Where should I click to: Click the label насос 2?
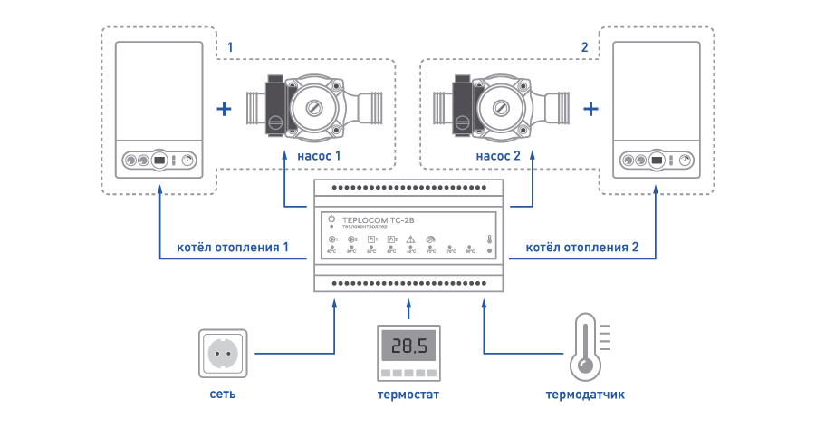(x=497, y=156)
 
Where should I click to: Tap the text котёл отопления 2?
(x=582, y=247)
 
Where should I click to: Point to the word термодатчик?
(x=585, y=395)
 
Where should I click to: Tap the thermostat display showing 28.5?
(x=408, y=346)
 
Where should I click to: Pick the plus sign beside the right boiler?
(x=591, y=110)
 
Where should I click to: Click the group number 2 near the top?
(x=584, y=46)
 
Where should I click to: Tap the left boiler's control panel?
(x=159, y=161)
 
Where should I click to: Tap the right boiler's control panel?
(x=657, y=161)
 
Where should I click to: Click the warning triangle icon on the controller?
(x=411, y=239)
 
